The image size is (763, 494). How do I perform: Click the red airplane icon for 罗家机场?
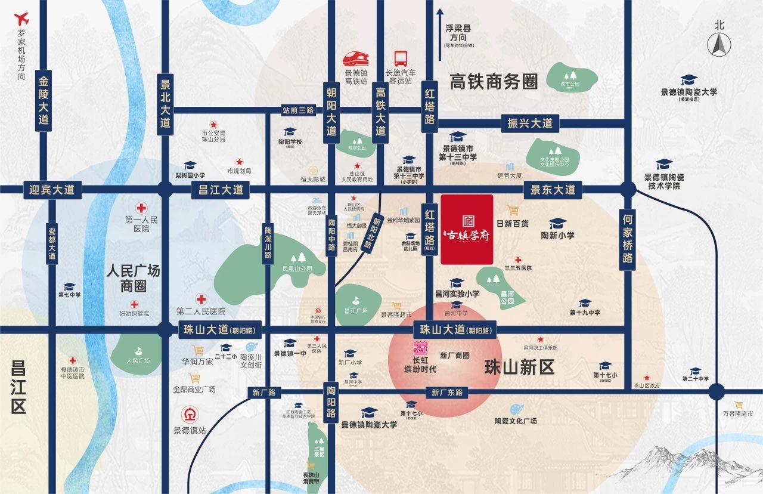click(23, 17)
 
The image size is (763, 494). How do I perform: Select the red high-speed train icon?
click(356, 58)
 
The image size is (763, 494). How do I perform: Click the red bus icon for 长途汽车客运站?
click(401, 58)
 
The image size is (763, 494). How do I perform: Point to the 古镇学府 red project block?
click(467, 229)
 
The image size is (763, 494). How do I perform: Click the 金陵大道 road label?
click(43, 102)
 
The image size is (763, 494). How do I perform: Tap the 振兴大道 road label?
click(530, 123)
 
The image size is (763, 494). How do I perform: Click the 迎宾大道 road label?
click(52, 190)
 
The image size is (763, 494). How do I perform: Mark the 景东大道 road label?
click(553, 190)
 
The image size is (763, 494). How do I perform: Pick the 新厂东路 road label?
click(447, 393)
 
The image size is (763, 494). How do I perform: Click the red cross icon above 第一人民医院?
click(141, 208)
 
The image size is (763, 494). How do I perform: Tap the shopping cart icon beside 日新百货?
click(512, 210)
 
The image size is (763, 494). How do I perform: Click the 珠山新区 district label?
click(519, 367)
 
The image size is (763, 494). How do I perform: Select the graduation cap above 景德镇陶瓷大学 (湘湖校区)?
click(688, 80)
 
